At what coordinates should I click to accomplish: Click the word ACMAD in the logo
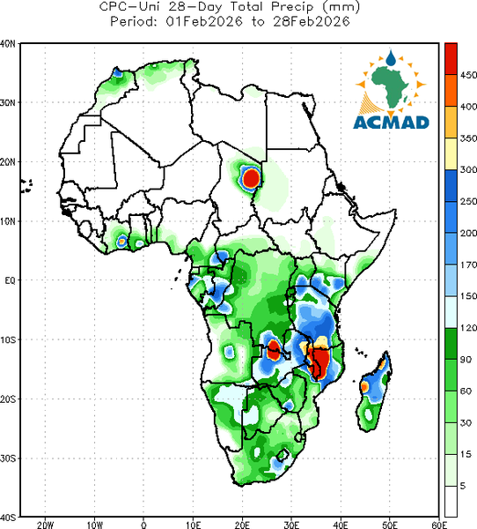pos(392,123)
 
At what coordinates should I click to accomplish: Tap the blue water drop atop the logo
pos(391,58)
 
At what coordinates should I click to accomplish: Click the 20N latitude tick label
pos(8,162)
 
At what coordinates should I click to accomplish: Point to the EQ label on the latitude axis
pos(10,280)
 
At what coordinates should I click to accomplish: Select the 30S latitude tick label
pos(8,458)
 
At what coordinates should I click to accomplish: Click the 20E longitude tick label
pos(242,525)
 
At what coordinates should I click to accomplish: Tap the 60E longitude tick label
pos(439,525)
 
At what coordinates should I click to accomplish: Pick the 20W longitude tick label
pos(45,525)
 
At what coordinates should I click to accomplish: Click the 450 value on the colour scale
pos(468,75)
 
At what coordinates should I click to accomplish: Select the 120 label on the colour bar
pos(468,328)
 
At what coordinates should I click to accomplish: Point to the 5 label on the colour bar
pos(463,486)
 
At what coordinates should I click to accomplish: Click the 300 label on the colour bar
pos(468,169)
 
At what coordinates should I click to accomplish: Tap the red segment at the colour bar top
pos(451,59)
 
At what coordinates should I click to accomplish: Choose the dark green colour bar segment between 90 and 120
pos(451,344)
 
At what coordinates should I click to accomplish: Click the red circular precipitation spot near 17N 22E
pos(252,178)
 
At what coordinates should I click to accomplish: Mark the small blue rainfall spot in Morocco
pos(117,72)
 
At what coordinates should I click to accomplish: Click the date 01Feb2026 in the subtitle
pos(204,22)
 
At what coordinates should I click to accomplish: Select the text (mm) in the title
pos(341,7)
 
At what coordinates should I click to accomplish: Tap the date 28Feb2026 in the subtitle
pos(312,22)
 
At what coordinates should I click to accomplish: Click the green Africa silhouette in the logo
pos(390,85)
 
